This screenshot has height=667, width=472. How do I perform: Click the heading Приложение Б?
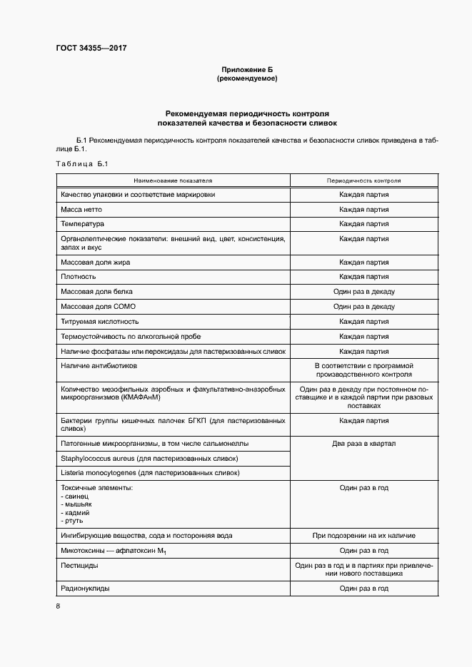(246, 70)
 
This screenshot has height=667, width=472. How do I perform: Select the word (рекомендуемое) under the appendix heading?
(246, 78)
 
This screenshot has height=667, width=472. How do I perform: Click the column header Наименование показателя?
(171, 181)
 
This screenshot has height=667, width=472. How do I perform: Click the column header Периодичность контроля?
(363, 181)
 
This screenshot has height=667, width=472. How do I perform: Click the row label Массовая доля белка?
(96, 292)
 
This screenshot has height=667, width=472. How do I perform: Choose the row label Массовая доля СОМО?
(99, 307)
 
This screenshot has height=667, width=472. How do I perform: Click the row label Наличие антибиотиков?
(99, 365)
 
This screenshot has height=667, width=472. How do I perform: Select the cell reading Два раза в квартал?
(363, 443)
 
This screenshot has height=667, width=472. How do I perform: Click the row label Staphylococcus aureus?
(149, 458)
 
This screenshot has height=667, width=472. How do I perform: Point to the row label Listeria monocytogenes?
(150, 473)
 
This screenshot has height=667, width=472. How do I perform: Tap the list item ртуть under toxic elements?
(74, 521)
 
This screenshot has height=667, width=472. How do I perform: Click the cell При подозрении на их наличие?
(363, 536)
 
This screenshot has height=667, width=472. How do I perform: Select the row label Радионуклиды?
(86, 589)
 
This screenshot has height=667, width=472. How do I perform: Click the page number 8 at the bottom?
(58, 606)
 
